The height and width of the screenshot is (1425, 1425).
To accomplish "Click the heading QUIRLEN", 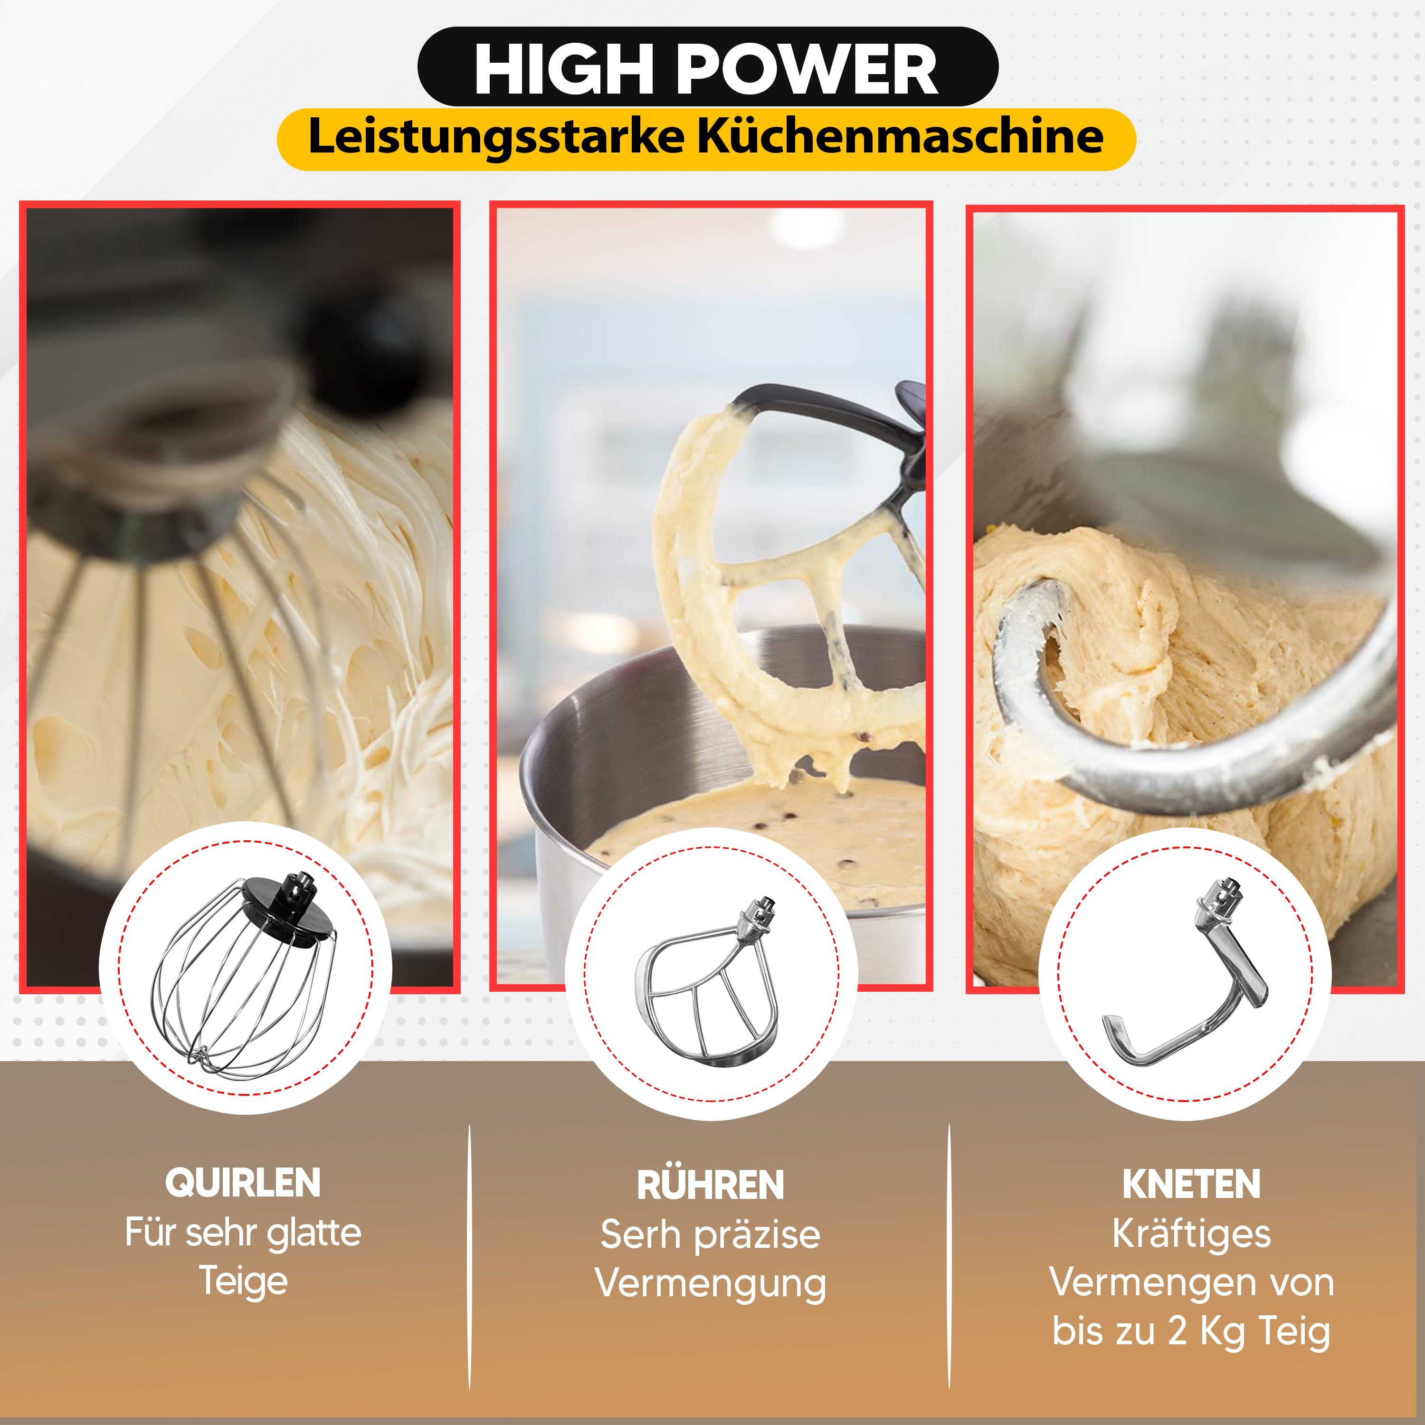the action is pos(243,1184).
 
